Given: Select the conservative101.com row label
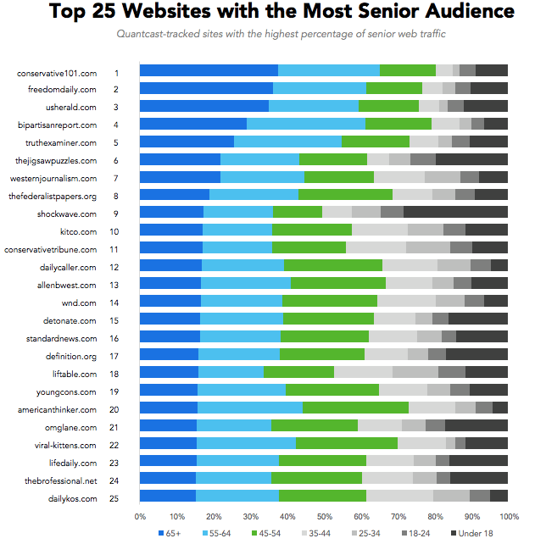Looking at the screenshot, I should pyautogui.click(x=57, y=73).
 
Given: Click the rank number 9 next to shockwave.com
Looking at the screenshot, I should pyautogui.click(x=116, y=214).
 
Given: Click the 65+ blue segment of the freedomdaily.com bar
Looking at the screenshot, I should pyautogui.click(x=206, y=88).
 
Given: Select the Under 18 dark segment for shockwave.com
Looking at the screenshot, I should pyautogui.click(x=455, y=212).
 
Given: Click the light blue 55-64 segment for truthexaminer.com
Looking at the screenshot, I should pyautogui.click(x=287, y=142).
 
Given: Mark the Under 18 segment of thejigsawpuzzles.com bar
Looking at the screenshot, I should pyautogui.click(x=471, y=159).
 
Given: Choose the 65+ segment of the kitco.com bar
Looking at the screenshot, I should pyautogui.click(x=171, y=230).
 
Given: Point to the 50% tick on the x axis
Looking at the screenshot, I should pyautogui.click(x=324, y=516).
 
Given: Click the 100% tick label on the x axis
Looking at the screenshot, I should pyautogui.click(x=509, y=516).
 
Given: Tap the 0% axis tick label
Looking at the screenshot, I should pyautogui.click(x=141, y=516).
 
